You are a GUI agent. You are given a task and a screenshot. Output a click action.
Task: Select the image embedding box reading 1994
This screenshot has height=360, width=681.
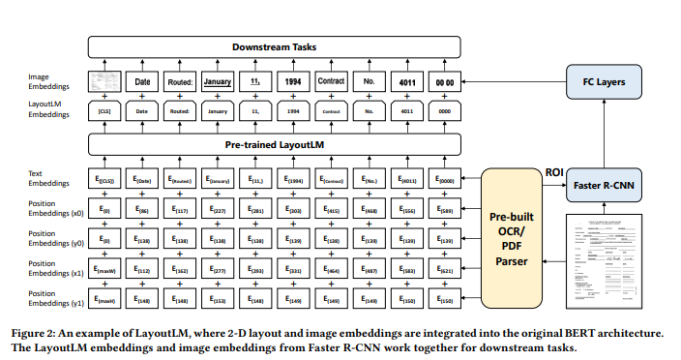click(292, 82)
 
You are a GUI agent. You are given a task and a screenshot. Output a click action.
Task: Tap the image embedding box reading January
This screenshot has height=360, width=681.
click(222, 82)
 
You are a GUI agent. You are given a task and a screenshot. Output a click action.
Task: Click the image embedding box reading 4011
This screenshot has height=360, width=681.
click(406, 82)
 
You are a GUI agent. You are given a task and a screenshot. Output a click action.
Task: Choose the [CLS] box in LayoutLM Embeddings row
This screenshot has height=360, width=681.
click(105, 112)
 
